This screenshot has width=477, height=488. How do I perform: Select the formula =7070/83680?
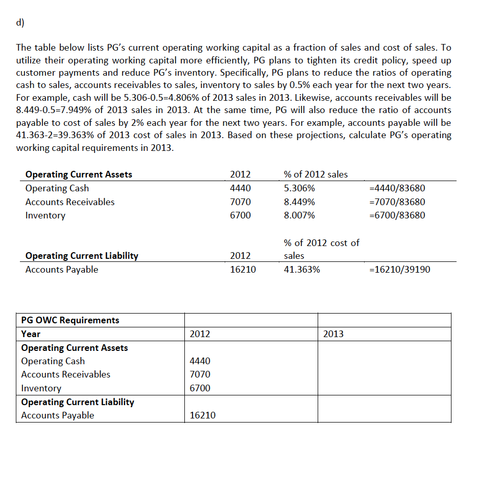(396, 202)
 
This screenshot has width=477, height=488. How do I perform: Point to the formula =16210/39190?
(399, 270)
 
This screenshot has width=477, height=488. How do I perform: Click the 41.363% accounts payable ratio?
(301, 270)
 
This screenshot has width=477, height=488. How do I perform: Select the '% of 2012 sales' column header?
(315, 174)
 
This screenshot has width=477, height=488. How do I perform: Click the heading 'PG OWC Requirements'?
(70, 320)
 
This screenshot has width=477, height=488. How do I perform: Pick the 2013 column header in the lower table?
(333, 334)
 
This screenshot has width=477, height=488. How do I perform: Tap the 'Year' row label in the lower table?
(31, 334)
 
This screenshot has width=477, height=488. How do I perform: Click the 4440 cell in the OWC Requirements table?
(200, 361)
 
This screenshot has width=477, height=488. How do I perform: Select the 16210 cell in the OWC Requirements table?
(202, 415)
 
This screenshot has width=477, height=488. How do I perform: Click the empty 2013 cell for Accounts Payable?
(384, 415)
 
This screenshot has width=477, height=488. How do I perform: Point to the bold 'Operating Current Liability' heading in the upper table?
(82, 256)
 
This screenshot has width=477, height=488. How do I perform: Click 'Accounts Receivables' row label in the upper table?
(70, 202)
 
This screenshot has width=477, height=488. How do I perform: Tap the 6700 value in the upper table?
(241, 215)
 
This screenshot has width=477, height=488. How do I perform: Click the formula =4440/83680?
(396, 188)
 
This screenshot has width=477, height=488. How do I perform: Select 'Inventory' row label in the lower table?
(41, 388)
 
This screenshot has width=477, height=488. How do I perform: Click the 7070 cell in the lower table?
(200, 374)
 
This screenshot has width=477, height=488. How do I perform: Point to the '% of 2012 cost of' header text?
(321, 242)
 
